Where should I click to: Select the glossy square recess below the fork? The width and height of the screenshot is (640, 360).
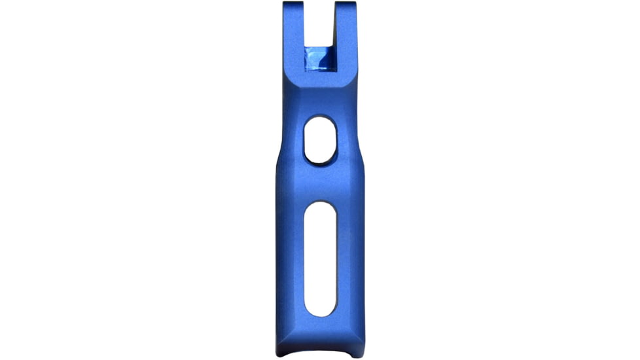point(321,60)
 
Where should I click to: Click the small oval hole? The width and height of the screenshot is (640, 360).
point(319,140)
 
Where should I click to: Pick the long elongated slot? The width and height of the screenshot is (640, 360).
point(321,259)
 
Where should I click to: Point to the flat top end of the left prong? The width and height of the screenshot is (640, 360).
point(294,3)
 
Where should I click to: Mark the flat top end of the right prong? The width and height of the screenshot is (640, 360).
point(346,3)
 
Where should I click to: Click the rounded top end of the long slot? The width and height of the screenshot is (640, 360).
point(321,208)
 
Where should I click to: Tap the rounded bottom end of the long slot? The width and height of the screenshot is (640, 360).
point(321,310)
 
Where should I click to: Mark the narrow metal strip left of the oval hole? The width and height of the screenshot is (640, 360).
point(293,140)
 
